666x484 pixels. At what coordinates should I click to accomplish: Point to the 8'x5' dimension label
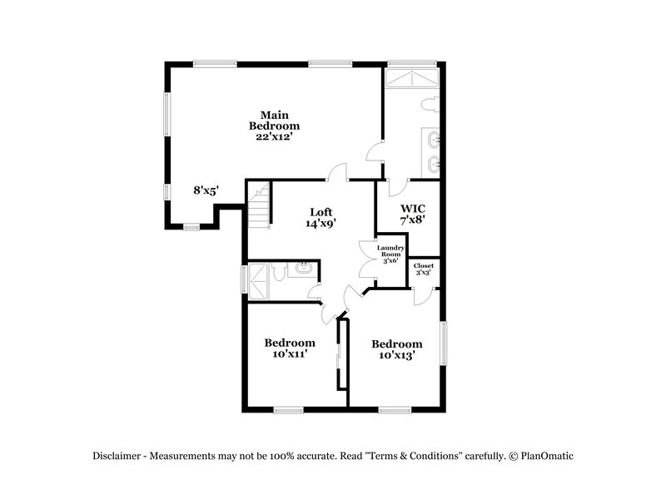[206, 190]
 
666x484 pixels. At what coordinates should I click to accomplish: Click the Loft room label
[322, 211]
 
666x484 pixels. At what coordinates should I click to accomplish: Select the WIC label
[414, 208]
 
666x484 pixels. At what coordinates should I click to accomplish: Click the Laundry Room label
[390, 252]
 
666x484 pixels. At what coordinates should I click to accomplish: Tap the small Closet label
[424, 269]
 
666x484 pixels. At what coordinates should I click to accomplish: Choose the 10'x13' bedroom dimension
[395, 356]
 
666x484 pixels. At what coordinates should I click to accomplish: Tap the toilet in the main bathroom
[429, 106]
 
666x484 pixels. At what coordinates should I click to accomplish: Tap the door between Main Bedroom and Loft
[337, 173]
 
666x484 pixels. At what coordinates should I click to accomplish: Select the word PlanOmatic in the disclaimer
[547, 456]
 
